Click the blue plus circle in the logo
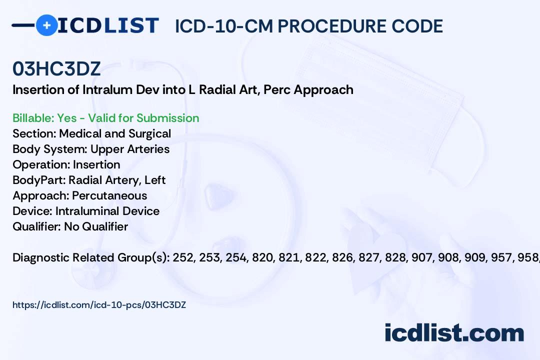click(x=46, y=25)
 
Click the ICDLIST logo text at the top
click(x=108, y=25)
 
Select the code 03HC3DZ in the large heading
click(x=56, y=69)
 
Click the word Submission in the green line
click(x=167, y=118)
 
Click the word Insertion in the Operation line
click(x=96, y=164)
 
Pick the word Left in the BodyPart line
click(x=155, y=180)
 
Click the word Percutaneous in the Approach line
click(x=109, y=195)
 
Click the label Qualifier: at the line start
click(x=36, y=226)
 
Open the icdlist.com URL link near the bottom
click(x=99, y=304)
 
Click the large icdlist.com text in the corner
click(x=454, y=333)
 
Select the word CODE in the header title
click(x=418, y=26)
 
